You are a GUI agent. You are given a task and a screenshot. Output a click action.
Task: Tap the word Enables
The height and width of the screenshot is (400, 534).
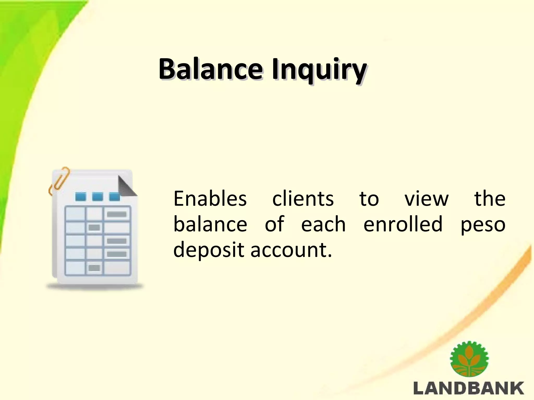[x=210, y=199]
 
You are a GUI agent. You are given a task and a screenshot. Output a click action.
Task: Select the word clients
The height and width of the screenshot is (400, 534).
[x=303, y=199]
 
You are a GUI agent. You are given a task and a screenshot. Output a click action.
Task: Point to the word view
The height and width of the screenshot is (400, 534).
[x=427, y=199]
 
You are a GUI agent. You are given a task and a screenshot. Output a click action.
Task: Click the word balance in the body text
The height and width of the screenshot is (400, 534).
[x=210, y=224]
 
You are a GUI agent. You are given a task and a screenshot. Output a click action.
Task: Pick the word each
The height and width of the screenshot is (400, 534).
[x=323, y=224]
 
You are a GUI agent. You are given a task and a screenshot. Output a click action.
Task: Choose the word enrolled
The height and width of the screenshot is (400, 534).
[x=403, y=224]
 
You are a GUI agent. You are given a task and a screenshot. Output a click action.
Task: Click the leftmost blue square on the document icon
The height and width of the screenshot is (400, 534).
[x=81, y=196]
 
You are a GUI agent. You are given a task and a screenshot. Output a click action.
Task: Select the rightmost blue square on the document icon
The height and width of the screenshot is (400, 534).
[x=114, y=196]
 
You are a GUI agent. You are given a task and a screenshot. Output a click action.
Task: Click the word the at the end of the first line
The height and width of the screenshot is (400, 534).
[x=490, y=199]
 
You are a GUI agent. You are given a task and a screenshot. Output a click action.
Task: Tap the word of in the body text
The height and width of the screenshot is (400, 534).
[x=274, y=224]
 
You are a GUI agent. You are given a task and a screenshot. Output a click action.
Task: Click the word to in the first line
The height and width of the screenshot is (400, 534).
[x=369, y=199]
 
